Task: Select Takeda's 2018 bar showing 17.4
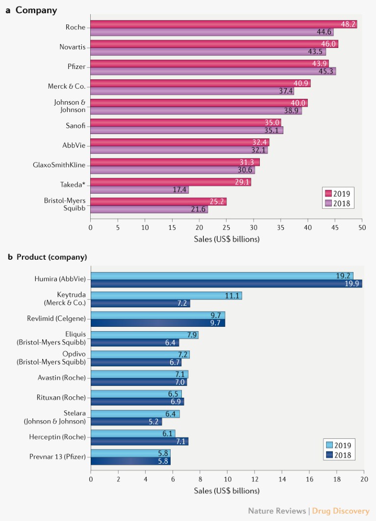point(139,190)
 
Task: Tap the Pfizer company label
point(76,67)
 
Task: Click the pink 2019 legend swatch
point(328,192)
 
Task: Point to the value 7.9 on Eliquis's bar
point(191,335)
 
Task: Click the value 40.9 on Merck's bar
point(301,83)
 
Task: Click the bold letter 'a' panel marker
point(8,10)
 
